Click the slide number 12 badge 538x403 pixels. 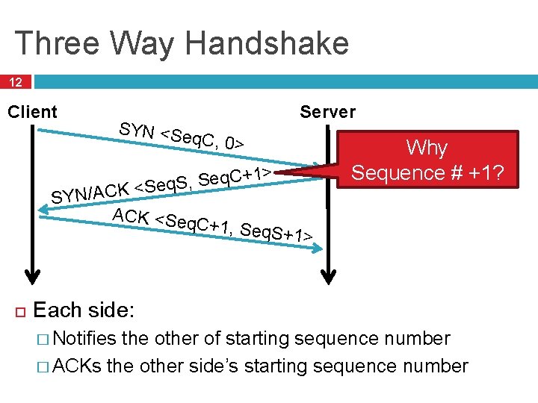16,81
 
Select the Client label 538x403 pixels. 32,112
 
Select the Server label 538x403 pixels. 327,112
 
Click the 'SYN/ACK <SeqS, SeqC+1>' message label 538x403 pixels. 161,184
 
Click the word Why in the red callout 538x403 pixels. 427,148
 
